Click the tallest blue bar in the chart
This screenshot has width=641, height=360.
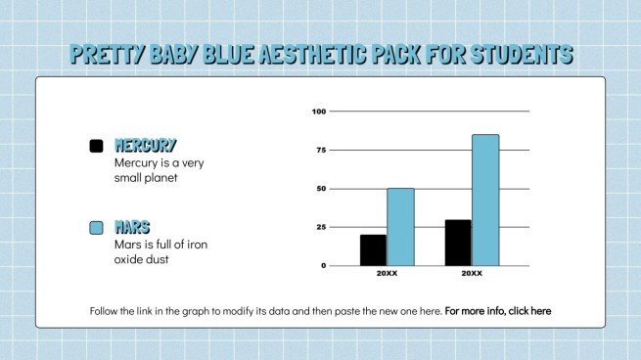point(485,200)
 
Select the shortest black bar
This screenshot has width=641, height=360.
point(373,249)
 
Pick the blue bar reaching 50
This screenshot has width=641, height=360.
point(400,226)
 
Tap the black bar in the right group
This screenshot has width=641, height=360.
point(458,243)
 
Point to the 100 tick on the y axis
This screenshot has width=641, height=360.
point(318,112)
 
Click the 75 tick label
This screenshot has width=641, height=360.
point(320,150)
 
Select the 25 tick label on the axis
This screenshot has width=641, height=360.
point(320,227)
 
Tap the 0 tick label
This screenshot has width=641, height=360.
point(323,265)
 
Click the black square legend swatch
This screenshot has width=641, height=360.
point(96,147)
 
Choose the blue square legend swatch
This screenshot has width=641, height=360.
point(96,228)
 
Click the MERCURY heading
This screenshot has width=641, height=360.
point(146,146)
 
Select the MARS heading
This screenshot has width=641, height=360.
point(132,227)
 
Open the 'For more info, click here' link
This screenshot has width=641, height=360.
point(497,311)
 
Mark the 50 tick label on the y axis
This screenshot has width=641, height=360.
point(320,189)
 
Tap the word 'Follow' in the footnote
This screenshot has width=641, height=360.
point(106,311)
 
